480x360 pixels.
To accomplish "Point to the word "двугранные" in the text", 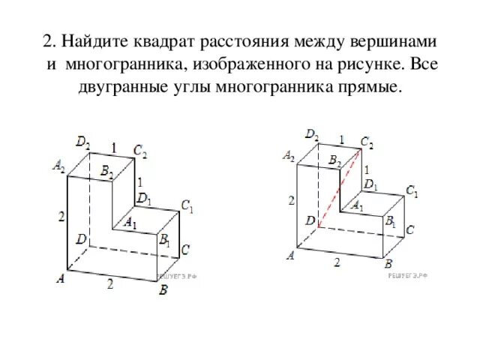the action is (126, 86).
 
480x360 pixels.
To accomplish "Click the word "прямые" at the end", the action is (372, 86).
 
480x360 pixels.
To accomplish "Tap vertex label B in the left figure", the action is (163, 291).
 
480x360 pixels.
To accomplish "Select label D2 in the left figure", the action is (84, 141).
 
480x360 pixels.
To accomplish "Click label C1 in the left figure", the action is (187, 206).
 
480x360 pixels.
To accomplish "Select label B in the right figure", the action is (388, 264).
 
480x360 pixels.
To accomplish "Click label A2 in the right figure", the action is (289, 156).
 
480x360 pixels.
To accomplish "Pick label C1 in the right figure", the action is (412, 192).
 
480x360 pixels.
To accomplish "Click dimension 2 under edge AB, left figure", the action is (109, 283).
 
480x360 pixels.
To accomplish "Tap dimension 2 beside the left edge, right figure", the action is (292, 200).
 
